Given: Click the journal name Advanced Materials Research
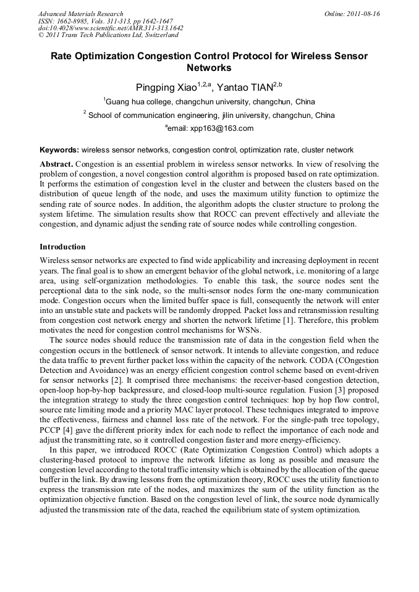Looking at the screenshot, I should (x=80, y=14).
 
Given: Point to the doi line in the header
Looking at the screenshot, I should (x=111, y=28).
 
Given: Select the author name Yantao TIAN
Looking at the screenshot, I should (x=245, y=88).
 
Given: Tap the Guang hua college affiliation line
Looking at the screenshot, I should (x=209, y=102).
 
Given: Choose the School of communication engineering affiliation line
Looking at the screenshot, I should (x=209, y=115).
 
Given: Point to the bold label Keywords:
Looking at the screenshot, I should (x=59, y=150).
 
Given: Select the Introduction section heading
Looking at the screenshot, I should (x=62, y=247).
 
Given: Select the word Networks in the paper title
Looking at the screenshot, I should (x=209, y=68).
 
